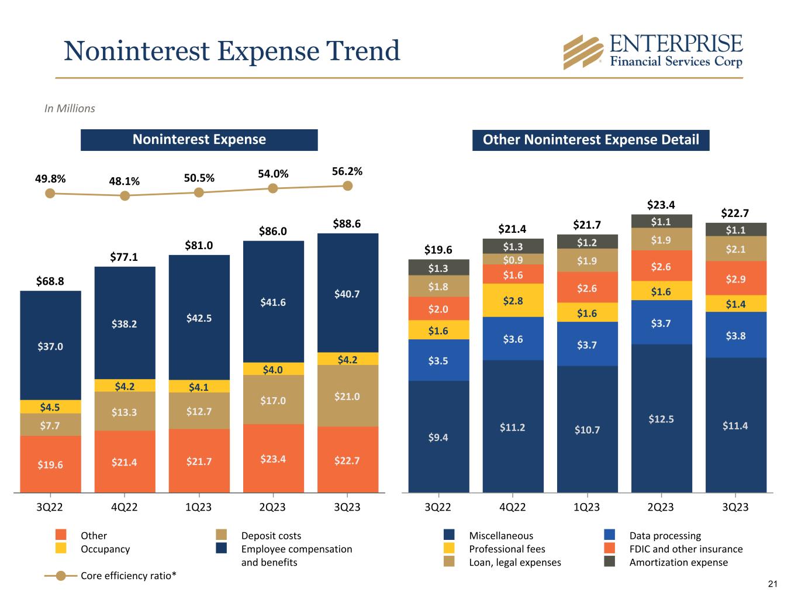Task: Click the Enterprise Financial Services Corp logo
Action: point(652,51)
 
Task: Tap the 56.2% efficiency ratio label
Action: point(347,171)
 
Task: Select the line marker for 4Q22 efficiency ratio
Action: point(125,196)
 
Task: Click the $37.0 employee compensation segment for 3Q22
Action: point(51,346)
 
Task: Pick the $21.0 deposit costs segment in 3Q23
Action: point(347,396)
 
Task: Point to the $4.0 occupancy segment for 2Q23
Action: point(273,369)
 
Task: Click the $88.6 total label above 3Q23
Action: point(347,223)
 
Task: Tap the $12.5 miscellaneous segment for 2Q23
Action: point(661,418)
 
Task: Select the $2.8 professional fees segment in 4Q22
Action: point(513,301)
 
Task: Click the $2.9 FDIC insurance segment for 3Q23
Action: point(735,279)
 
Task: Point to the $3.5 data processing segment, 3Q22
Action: point(438,360)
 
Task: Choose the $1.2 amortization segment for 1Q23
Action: point(587,242)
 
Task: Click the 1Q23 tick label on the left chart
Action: point(199,507)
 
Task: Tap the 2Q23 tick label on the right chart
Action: point(661,507)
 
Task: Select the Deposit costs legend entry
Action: point(271,535)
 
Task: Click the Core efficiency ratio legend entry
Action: point(128,576)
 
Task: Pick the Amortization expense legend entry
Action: point(678,562)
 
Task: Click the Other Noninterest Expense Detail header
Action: point(590,140)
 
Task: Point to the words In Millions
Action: point(70,108)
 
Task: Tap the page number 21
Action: point(773,584)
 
